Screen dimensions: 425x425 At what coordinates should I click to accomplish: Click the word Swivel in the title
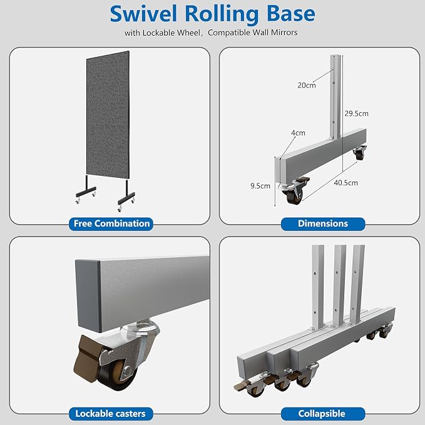tap(143, 14)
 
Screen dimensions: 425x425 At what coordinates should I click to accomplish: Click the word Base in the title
tap(291, 14)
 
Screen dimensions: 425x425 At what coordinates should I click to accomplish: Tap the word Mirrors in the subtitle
tap(284, 33)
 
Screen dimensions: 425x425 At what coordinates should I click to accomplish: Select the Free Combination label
tap(111, 223)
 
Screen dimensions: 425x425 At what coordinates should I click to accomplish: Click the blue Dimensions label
tap(323, 223)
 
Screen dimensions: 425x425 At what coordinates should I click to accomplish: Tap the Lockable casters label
tap(111, 414)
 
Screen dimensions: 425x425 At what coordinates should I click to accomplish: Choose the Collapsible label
tap(322, 414)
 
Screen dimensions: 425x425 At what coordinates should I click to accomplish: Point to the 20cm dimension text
tap(307, 85)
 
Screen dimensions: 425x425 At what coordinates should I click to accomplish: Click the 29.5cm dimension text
tap(356, 113)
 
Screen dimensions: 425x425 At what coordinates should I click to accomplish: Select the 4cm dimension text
tap(298, 133)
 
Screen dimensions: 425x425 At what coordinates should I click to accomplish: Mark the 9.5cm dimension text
tap(260, 186)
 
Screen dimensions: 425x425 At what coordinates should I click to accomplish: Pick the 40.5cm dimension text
tap(346, 183)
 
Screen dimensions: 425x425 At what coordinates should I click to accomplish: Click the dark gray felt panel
tap(108, 115)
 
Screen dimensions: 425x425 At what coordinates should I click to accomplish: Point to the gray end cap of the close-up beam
tap(88, 295)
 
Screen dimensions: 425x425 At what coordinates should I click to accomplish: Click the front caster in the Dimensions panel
tap(294, 190)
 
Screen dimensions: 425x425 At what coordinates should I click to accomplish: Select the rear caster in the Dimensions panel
tap(360, 153)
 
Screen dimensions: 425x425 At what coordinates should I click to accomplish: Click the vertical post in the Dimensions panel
tap(335, 97)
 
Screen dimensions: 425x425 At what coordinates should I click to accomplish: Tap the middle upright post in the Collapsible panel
tap(339, 285)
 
